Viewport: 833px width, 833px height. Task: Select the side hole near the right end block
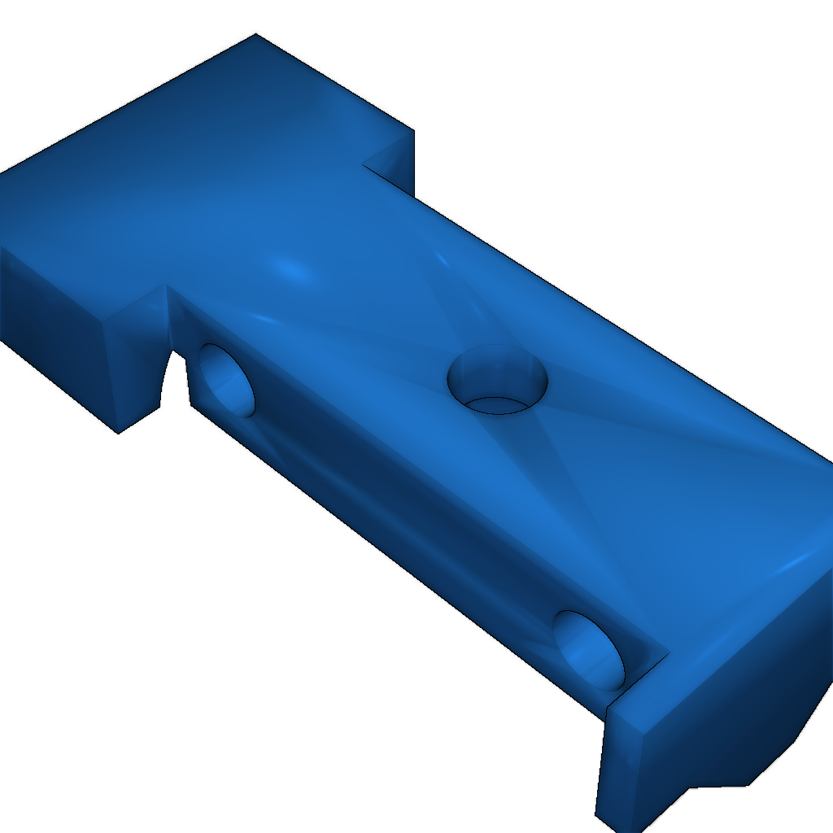[x=590, y=648]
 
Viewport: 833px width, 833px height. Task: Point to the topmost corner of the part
[x=256, y=34]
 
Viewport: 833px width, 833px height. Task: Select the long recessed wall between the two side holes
[x=407, y=504]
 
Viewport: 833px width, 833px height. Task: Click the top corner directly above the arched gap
[x=167, y=286]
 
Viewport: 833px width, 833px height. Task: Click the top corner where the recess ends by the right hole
[x=668, y=652]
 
